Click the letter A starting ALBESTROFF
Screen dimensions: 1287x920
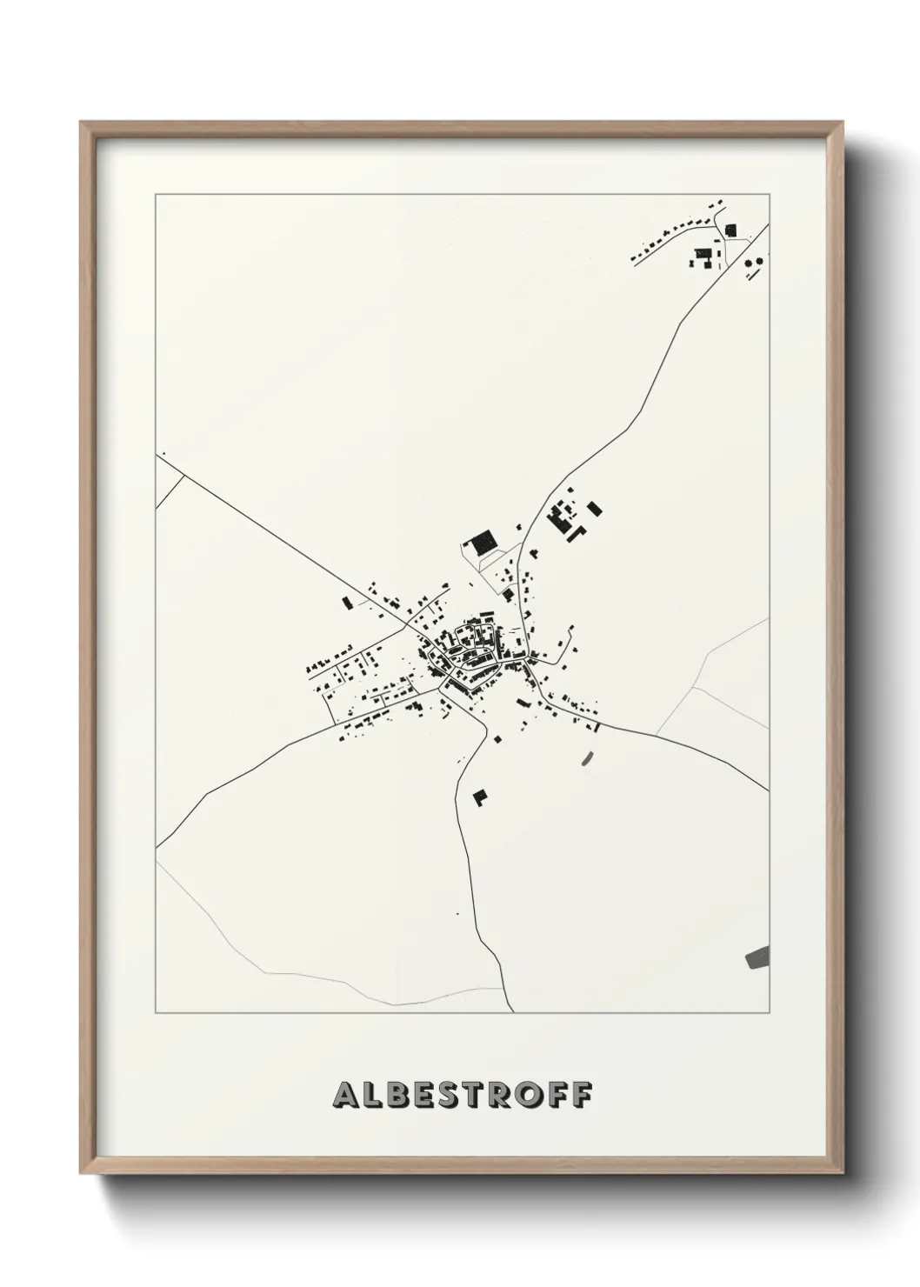pos(344,1096)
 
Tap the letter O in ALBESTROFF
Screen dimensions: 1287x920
pos(521,1096)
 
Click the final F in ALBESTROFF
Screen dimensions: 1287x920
pos(579,1096)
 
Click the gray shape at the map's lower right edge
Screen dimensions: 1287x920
pos(757,957)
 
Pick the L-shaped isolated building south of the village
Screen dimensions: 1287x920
pos(479,797)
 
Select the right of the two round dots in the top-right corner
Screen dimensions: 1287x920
pos(762,259)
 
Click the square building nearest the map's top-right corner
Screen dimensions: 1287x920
pos(730,230)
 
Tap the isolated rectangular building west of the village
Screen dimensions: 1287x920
pos(346,602)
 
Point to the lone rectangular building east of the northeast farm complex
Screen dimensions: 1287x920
pos(596,508)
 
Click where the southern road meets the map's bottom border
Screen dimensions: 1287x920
pos(514,1012)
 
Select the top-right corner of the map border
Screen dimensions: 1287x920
pos(769,195)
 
